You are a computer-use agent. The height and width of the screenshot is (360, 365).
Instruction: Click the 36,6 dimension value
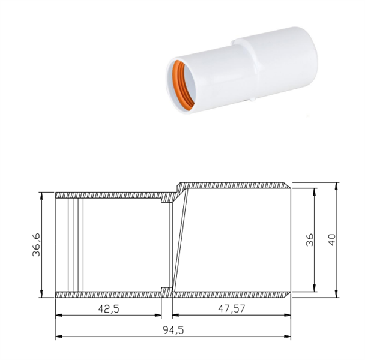(x=36, y=245)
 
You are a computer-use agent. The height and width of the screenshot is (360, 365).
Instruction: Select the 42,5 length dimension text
(x=109, y=309)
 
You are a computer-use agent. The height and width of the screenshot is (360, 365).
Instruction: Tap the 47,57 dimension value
(x=231, y=309)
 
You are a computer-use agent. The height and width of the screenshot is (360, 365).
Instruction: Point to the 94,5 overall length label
(x=173, y=330)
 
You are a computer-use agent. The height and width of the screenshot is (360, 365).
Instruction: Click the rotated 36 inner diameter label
(x=310, y=240)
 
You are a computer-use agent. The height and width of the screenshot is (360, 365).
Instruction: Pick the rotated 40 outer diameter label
(x=331, y=239)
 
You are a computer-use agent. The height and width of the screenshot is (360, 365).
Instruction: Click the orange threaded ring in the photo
(x=182, y=85)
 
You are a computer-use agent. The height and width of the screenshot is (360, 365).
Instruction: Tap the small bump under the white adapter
(x=252, y=100)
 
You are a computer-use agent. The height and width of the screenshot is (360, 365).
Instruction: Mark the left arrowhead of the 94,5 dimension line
(x=59, y=337)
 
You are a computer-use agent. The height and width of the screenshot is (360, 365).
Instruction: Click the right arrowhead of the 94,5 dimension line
(x=288, y=337)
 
